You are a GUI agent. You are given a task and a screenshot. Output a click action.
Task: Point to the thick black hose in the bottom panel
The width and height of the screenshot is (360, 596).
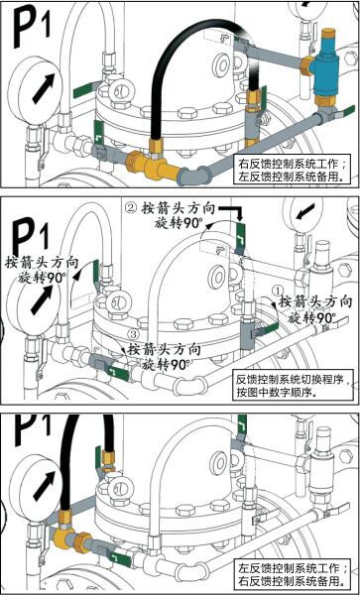point(69,466)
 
